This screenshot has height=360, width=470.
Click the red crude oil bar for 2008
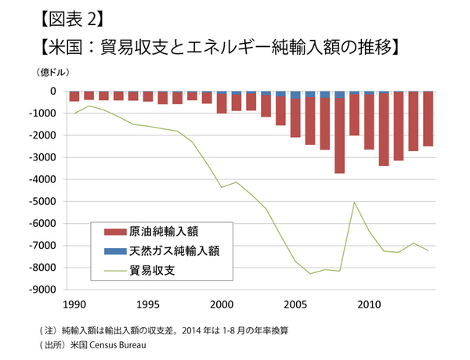pos(339,135)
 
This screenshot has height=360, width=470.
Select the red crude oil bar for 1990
pos(74,96)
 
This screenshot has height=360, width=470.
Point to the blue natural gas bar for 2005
pos(295,95)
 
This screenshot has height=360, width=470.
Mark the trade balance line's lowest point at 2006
pos(310,273)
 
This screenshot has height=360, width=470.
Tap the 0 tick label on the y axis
pos(52,91)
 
